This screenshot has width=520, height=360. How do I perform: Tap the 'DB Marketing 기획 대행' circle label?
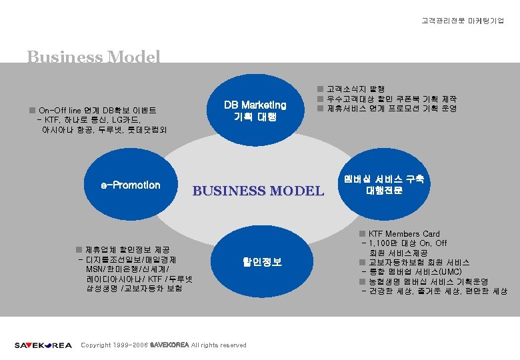coord(255,111)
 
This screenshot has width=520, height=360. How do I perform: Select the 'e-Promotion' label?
coord(130,185)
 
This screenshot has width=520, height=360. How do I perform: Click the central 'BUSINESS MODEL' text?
coord(257,191)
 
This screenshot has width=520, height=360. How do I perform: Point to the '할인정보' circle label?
coord(261,262)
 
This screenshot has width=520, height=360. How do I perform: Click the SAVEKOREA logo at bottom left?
coord(43,345)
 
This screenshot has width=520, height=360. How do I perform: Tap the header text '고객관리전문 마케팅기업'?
coord(463,21)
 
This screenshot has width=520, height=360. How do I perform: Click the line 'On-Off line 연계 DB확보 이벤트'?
coord(100,110)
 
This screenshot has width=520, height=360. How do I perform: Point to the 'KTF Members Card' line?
coord(404,234)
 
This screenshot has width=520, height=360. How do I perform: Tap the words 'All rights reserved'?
coord(219,345)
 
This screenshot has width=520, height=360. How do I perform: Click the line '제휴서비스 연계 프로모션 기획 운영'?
coord(391,109)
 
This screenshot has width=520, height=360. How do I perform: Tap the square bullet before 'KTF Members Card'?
coord(362,234)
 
